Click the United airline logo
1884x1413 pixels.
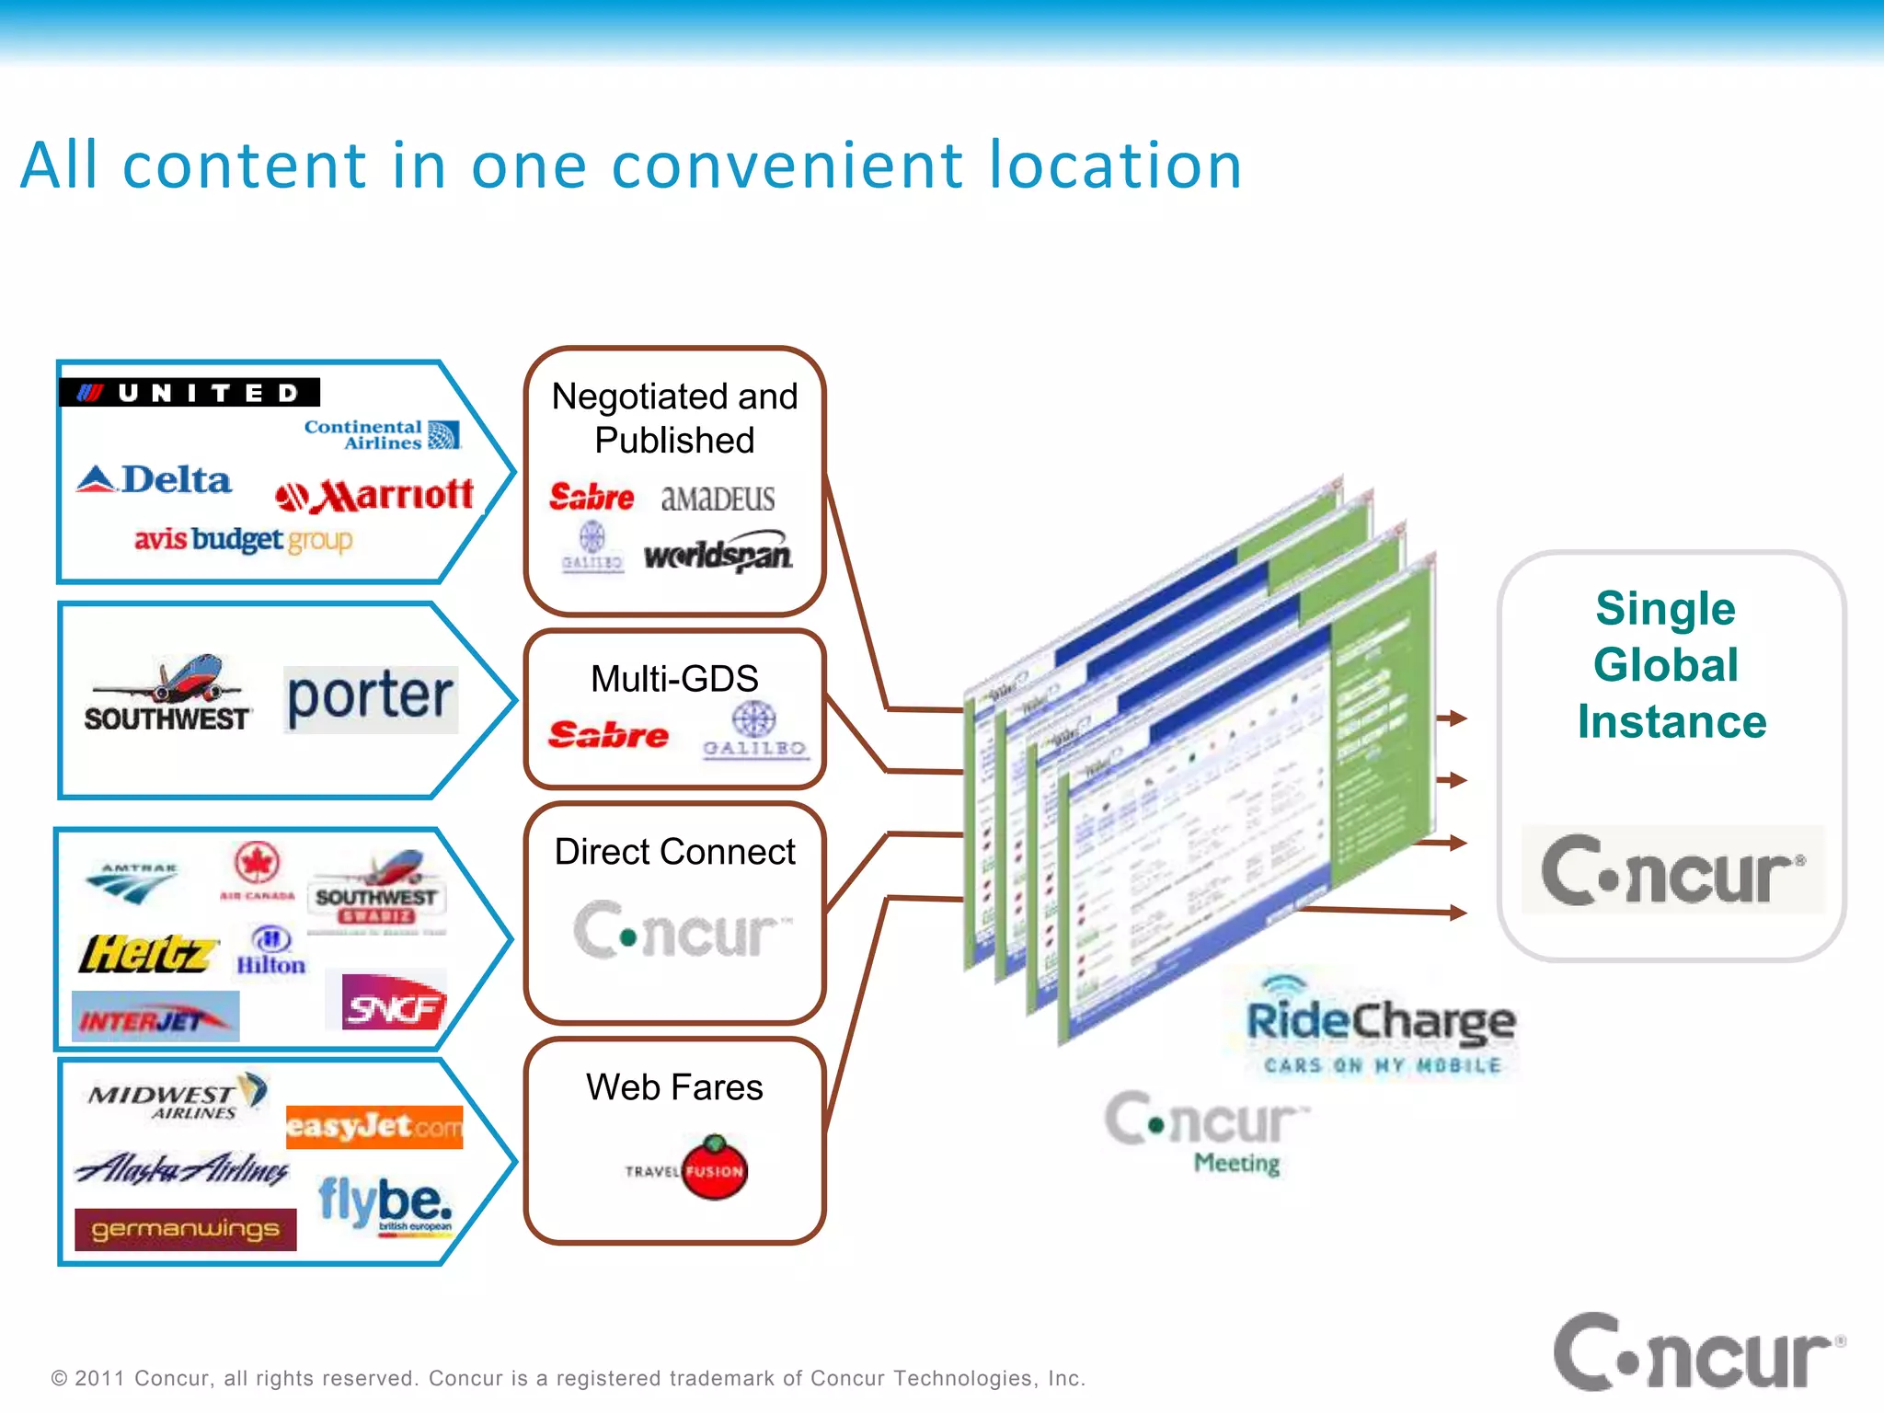tap(190, 393)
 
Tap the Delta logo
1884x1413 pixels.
tap(155, 480)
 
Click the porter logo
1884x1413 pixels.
tap(370, 698)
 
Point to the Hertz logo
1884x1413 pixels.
tap(147, 954)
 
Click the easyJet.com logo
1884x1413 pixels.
tap(374, 1127)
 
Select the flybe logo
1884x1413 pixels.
tap(385, 1202)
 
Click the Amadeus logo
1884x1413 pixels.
tap(718, 499)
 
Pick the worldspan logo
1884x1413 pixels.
tap(718, 554)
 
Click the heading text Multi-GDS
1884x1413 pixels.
tap(674, 679)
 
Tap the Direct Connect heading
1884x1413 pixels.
tap(674, 852)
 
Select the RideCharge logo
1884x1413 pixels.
tap(1380, 1023)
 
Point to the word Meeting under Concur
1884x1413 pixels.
tap(1236, 1164)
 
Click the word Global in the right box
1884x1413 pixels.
tap(1666, 665)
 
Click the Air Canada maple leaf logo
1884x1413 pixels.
tap(257, 863)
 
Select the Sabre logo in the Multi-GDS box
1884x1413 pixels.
tap(608, 735)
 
